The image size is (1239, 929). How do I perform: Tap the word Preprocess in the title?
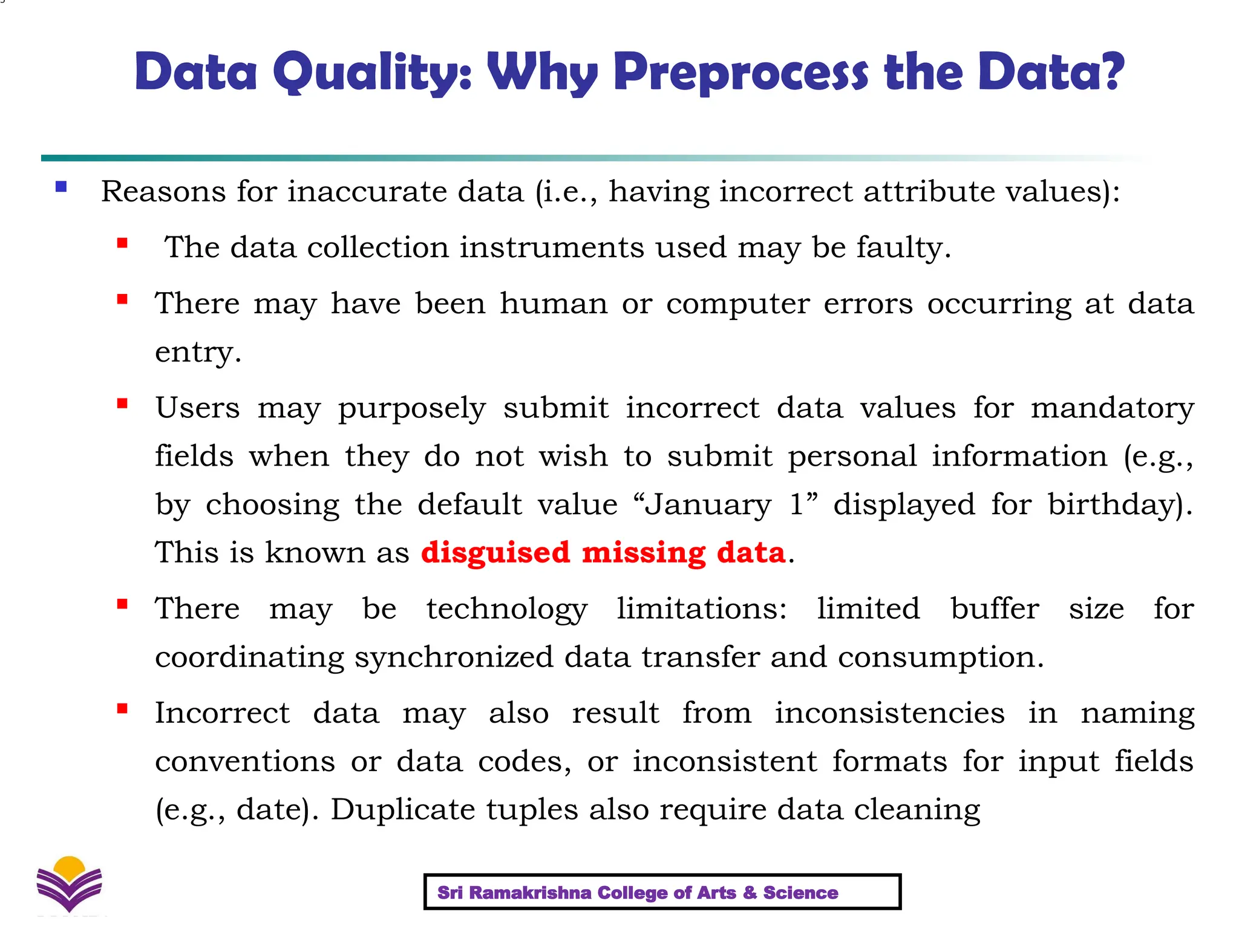[x=740, y=73]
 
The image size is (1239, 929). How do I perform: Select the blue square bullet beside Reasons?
[x=60, y=187]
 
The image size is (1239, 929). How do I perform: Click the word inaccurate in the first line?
[x=405, y=192]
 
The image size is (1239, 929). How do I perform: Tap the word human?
[x=553, y=303]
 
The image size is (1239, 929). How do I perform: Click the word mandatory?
[x=1112, y=408]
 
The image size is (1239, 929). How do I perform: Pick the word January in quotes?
[x=708, y=504]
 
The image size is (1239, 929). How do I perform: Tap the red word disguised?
[x=495, y=552]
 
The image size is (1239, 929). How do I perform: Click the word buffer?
[x=995, y=608]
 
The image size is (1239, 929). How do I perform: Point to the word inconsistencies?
[x=889, y=712]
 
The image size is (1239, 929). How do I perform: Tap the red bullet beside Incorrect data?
[x=122, y=709]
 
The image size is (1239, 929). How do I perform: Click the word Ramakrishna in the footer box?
[x=530, y=893]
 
